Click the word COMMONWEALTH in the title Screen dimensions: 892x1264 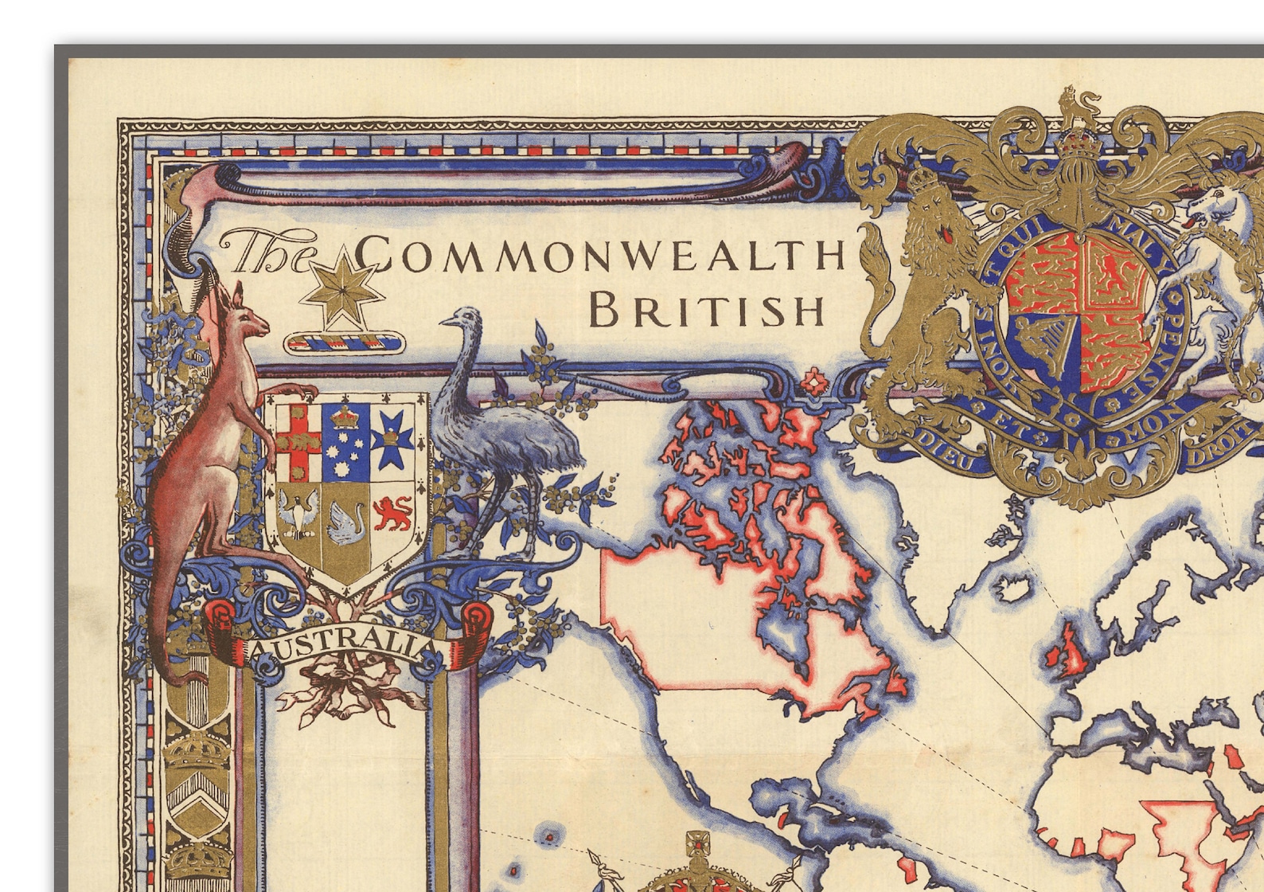coord(599,254)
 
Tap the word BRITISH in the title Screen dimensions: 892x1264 coord(707,311)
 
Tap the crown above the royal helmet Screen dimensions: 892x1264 coord(1077,144)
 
